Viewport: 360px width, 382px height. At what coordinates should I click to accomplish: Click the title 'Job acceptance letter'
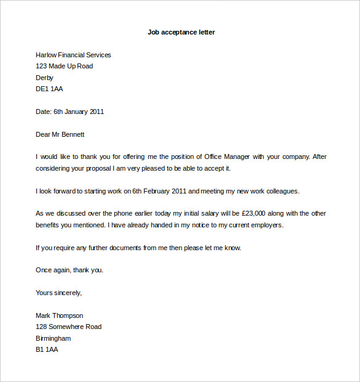181,32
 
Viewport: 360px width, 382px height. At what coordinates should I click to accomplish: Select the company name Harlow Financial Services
73,55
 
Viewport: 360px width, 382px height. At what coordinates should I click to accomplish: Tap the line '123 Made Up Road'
65,67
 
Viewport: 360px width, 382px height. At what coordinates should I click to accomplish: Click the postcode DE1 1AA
49,89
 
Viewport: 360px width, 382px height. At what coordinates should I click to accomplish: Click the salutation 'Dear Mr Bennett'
60,134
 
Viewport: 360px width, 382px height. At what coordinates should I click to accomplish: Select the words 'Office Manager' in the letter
231,157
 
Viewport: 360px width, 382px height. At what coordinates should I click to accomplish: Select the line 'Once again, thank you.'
70,270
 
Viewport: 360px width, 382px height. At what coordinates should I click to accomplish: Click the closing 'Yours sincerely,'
59,293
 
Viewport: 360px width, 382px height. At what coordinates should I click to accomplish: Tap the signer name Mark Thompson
60,315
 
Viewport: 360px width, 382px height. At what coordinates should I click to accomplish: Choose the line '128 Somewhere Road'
69,327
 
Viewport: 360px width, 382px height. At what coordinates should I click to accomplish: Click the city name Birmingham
54,338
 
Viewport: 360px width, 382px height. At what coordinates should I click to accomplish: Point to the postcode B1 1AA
47,349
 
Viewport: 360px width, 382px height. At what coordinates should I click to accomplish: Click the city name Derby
45,78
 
